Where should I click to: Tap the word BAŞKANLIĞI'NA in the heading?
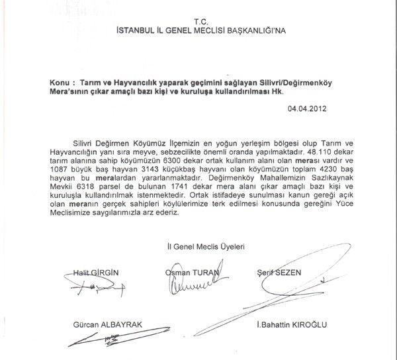254,31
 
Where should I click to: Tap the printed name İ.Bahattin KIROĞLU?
291,325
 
